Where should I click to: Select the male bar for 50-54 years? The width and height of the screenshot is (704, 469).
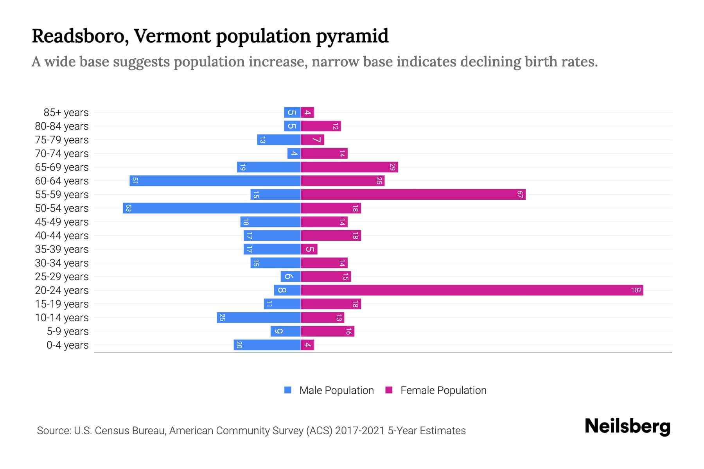click(212, 208)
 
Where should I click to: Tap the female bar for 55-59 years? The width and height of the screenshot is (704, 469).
click(413, 194)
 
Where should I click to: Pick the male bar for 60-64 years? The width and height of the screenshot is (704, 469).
click(215, 181)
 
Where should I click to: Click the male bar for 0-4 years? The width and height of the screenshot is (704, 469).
click(267, 345)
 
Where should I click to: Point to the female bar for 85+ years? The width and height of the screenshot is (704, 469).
click(307, 112)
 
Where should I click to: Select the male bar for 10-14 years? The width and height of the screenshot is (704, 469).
click(259, 317)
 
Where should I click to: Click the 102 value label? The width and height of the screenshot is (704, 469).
click(636, 290)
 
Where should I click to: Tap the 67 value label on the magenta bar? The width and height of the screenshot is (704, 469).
click(520, 194)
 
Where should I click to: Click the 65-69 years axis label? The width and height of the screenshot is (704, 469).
click(62, 167)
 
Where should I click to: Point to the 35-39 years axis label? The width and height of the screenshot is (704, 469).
click(62, 249)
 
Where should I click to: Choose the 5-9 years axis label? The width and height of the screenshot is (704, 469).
click(68, 331)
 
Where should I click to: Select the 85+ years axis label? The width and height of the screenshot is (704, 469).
click(66, 113)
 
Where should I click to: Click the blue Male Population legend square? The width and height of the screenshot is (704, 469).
click(288, 390)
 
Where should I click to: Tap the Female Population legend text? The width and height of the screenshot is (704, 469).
click(443, 390)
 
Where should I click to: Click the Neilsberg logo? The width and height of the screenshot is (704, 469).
click(627, 426)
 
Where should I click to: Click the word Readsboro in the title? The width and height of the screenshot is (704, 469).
click(80, 36)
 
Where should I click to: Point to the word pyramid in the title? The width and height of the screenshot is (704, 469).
click(352, 36)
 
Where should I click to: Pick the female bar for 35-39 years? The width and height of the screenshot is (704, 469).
click(309, 249)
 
